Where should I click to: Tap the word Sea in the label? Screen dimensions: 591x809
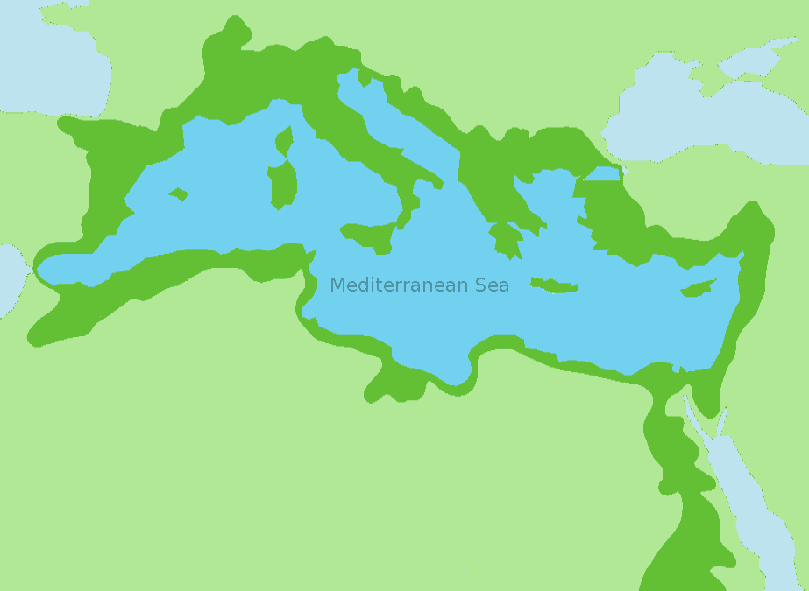(x=492, y=285)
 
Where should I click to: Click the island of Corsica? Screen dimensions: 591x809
(x=284, y=140)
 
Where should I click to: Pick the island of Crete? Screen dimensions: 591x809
(x=554, y=285)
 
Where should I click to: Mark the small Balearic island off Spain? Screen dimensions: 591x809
(x=179, y=193)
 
